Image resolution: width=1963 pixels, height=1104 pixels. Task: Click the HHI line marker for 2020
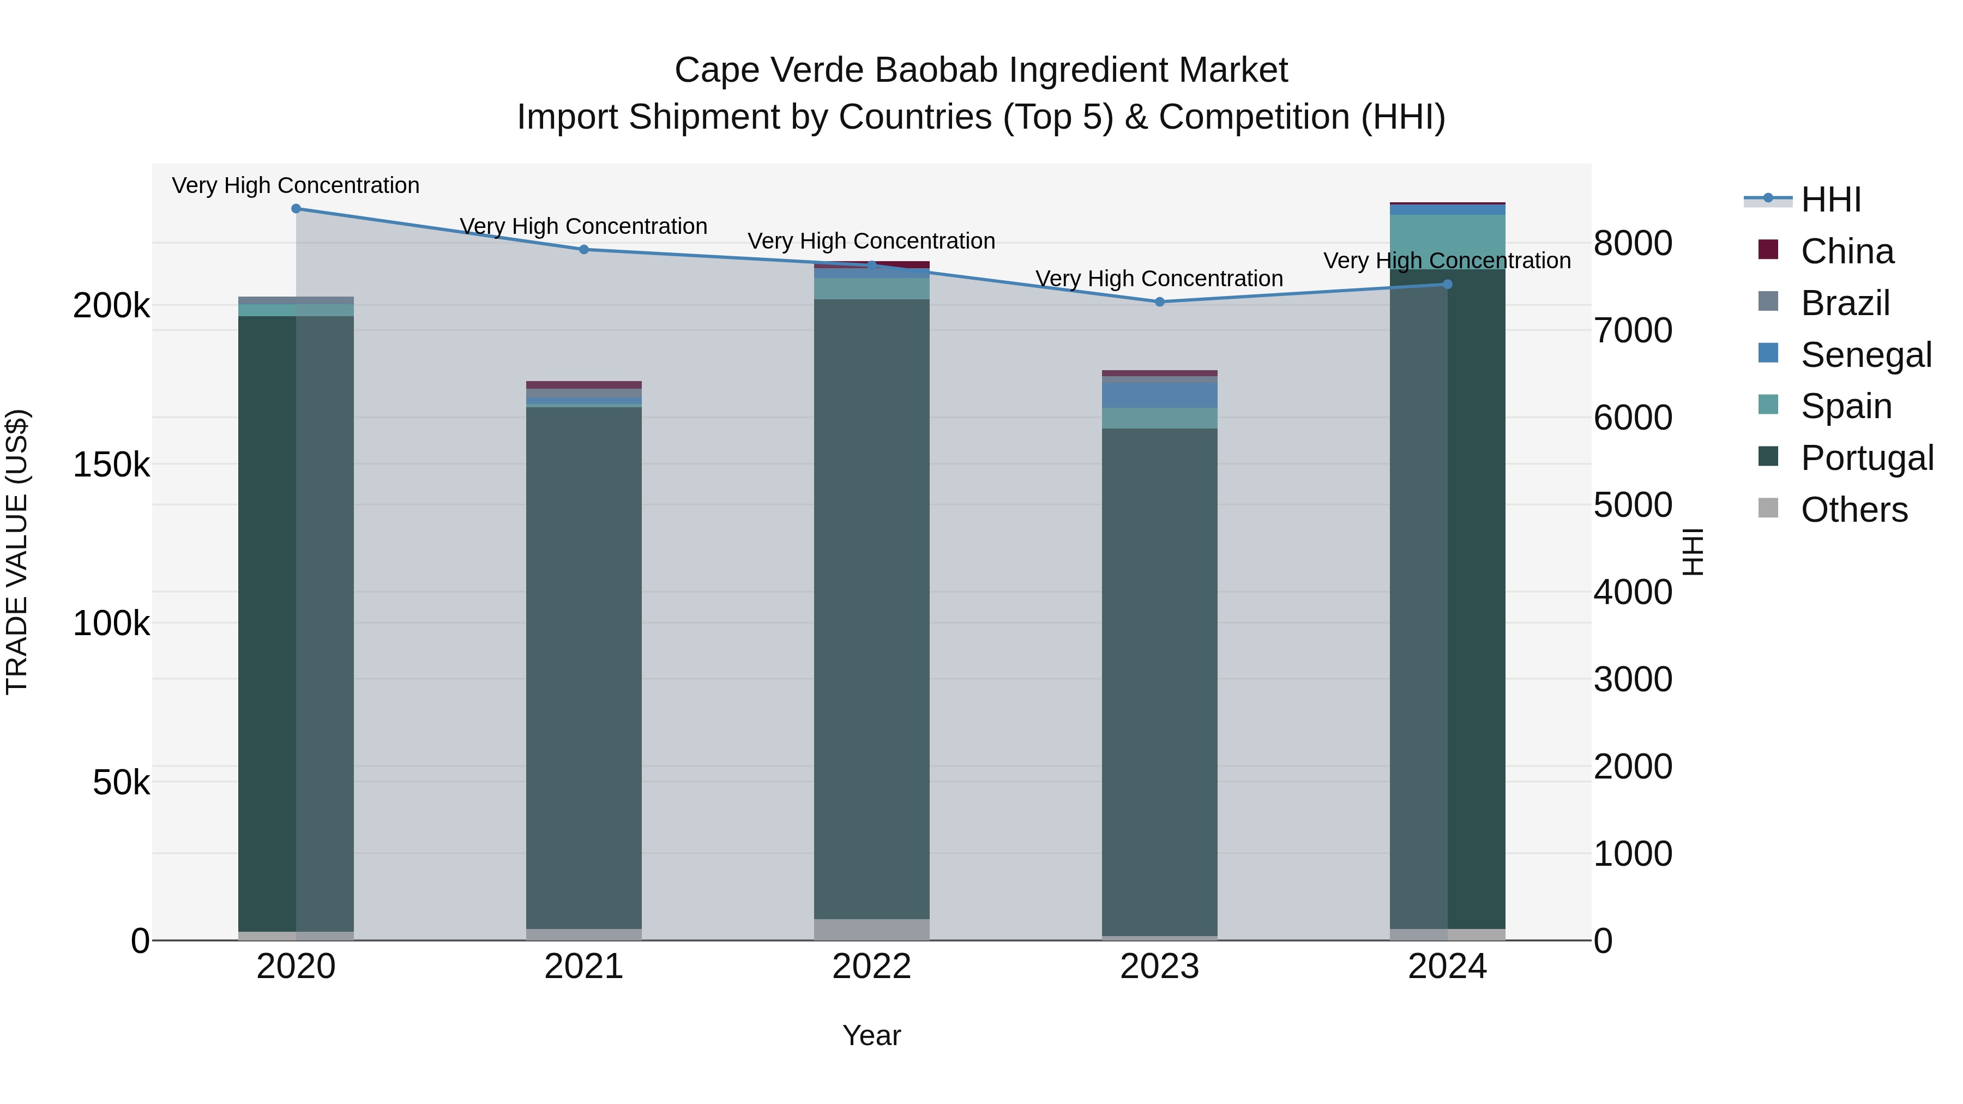[x=297, y=209]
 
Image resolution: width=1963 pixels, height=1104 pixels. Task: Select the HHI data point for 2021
[x=583, y=249]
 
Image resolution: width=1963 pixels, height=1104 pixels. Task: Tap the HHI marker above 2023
[x=1160, y=301]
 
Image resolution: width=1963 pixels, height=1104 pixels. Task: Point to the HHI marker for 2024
[x=1448, y=284]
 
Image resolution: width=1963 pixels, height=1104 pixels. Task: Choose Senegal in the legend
[x=1865, y=355]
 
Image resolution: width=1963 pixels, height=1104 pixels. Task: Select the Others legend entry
[x=1853, y=510]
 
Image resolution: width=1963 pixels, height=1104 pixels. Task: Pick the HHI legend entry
[x=1830, y=200]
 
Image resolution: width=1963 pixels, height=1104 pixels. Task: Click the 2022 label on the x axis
[x=872, y=967]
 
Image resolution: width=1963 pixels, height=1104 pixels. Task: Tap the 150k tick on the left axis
[x=111, y=464]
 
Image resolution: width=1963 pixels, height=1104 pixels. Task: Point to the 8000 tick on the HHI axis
[x=1632, y=244]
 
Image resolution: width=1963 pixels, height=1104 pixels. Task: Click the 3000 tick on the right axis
[x=1632, y=680]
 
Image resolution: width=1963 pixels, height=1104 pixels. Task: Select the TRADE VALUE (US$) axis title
[x=17, y=552]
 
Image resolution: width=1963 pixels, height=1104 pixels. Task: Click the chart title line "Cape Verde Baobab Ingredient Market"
[x=981, y=70]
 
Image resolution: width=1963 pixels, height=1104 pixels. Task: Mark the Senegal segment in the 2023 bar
[x=1160, y=395]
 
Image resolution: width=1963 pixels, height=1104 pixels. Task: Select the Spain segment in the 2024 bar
[x=1448, y=242]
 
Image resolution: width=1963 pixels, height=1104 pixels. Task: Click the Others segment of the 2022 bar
[x=872, y=930]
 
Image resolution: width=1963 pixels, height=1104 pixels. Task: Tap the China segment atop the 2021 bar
[x=583, y=385]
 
